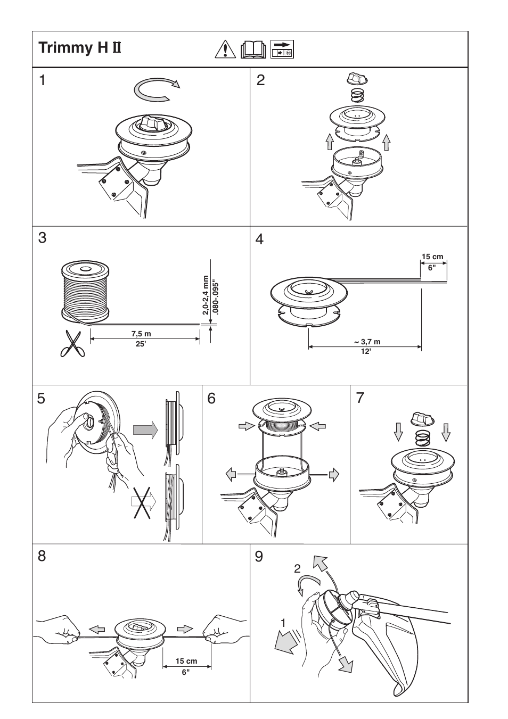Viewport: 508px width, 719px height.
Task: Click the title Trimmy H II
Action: pyautogui.click(x=80, y=48)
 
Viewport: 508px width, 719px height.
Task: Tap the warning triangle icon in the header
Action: pyautogui.click(x=226, y=49)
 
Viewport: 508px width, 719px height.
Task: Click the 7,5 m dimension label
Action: pyautogui.click(x=141, y=334)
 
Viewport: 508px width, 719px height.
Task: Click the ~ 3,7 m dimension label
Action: pyautogui.click(x=366, y=342)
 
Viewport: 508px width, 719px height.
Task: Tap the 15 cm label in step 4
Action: pyautogui.click(x=432, y=257)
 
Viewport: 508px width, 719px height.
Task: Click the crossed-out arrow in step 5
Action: pyautogui.click(x=143, y=501)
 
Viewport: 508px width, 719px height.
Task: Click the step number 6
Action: pyautogui.click(x=211, y=398)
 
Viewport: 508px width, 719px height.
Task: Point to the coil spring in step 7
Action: pyautogui.click(x=422, y=438)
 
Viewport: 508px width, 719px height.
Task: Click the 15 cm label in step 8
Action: pyautogui.click(x=186, y=661)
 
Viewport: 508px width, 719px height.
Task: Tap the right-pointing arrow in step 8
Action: pyautogui.click(x=185, y=629)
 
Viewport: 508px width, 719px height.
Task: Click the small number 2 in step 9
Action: pyautogui.click(x=298, y=569)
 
